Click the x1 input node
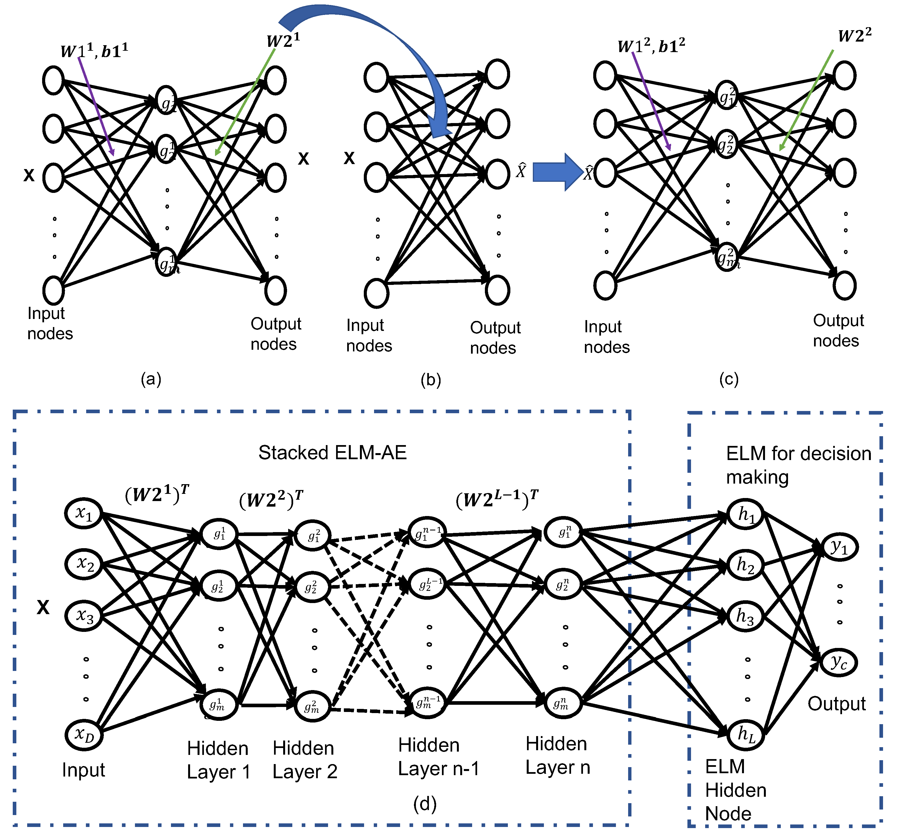click(84, 513)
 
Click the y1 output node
click(839, 547)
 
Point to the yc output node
click(839, 662)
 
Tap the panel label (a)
click(151, 379)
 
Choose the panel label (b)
click(431, 380)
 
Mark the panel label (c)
click(729, 379)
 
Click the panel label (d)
click(424, 804)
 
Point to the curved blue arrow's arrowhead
click(441, 129)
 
